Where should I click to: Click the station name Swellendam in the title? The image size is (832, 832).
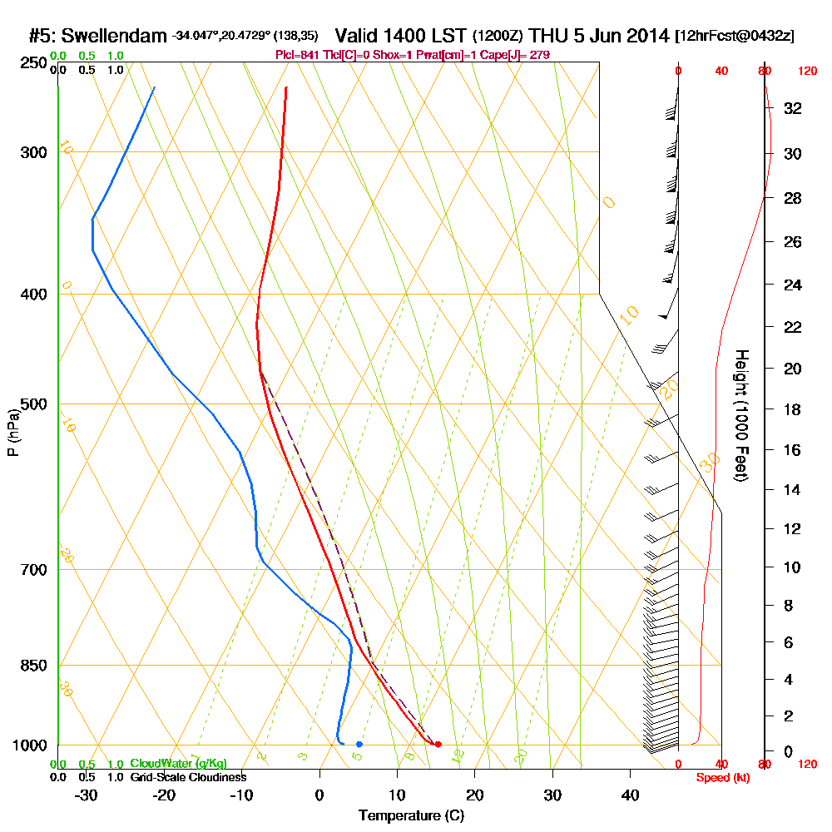(x=114, y=36)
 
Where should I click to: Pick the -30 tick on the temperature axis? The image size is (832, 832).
(x=87, y=795)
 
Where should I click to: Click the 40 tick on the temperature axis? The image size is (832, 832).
(x=630, y=795)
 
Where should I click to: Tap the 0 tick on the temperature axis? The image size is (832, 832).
(x=319, y=795)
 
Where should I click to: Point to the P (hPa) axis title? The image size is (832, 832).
(x=12, y=432)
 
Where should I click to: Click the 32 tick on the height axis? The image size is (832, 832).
(x=794, y=108)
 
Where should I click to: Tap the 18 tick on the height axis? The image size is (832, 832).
(x=794, y=409)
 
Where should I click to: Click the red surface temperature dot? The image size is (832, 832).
(x=438, y=744)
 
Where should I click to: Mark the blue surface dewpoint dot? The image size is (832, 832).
(x=359, y=744)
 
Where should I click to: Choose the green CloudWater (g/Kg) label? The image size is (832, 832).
(x=178, y=764)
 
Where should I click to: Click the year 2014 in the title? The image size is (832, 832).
(x=646, y=36)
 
